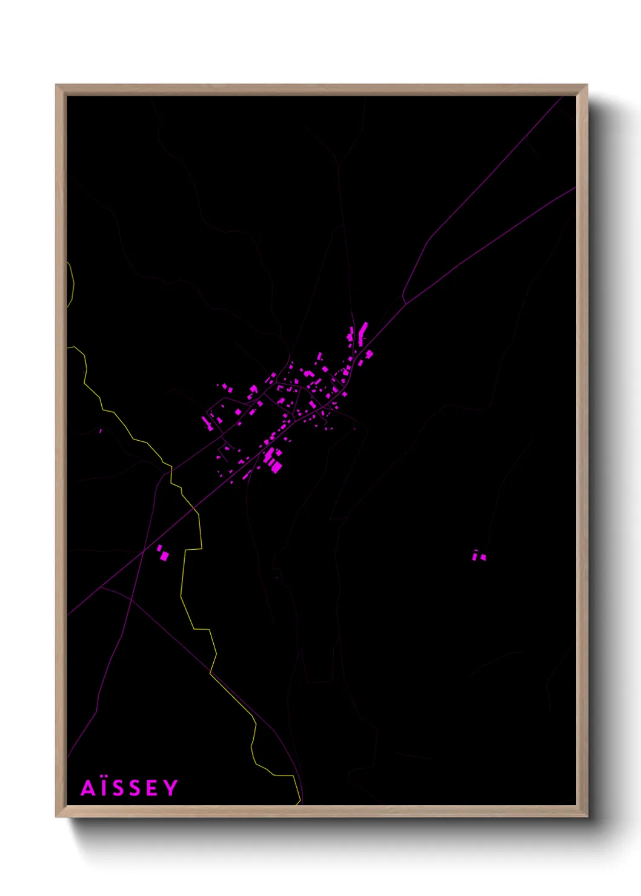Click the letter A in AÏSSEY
point(88,788)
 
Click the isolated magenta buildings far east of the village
point(479,555)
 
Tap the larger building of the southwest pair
point(164,555)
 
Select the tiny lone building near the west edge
point(100,431)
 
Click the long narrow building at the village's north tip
point(363,332)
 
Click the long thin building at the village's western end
point(207,422)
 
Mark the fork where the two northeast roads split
point(404,301)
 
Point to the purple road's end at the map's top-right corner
point(561,97)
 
